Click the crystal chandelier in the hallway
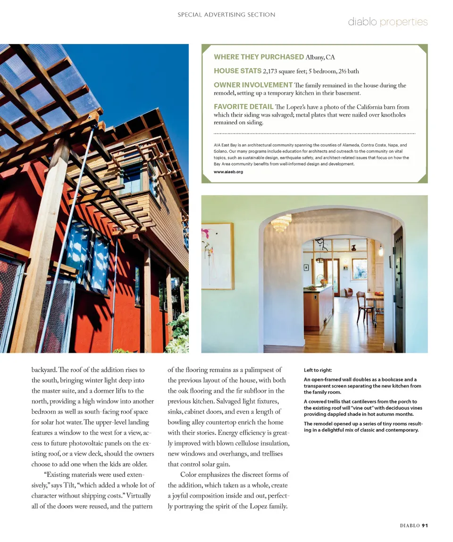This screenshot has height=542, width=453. [282, 223]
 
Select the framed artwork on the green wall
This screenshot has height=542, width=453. [218, 256]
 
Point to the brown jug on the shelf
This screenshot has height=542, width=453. [353, 247]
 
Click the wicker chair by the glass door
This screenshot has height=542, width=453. [349, 293]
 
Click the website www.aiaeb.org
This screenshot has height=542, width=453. [228, 172]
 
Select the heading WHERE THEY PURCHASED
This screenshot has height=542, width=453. [259, 57]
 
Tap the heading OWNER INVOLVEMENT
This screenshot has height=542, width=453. [253, 85]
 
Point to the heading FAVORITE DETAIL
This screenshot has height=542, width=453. [243, 107]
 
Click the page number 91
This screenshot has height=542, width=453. [425, 525]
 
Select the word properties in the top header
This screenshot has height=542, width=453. [403, 22]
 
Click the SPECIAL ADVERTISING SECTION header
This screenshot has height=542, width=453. [226, 15]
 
